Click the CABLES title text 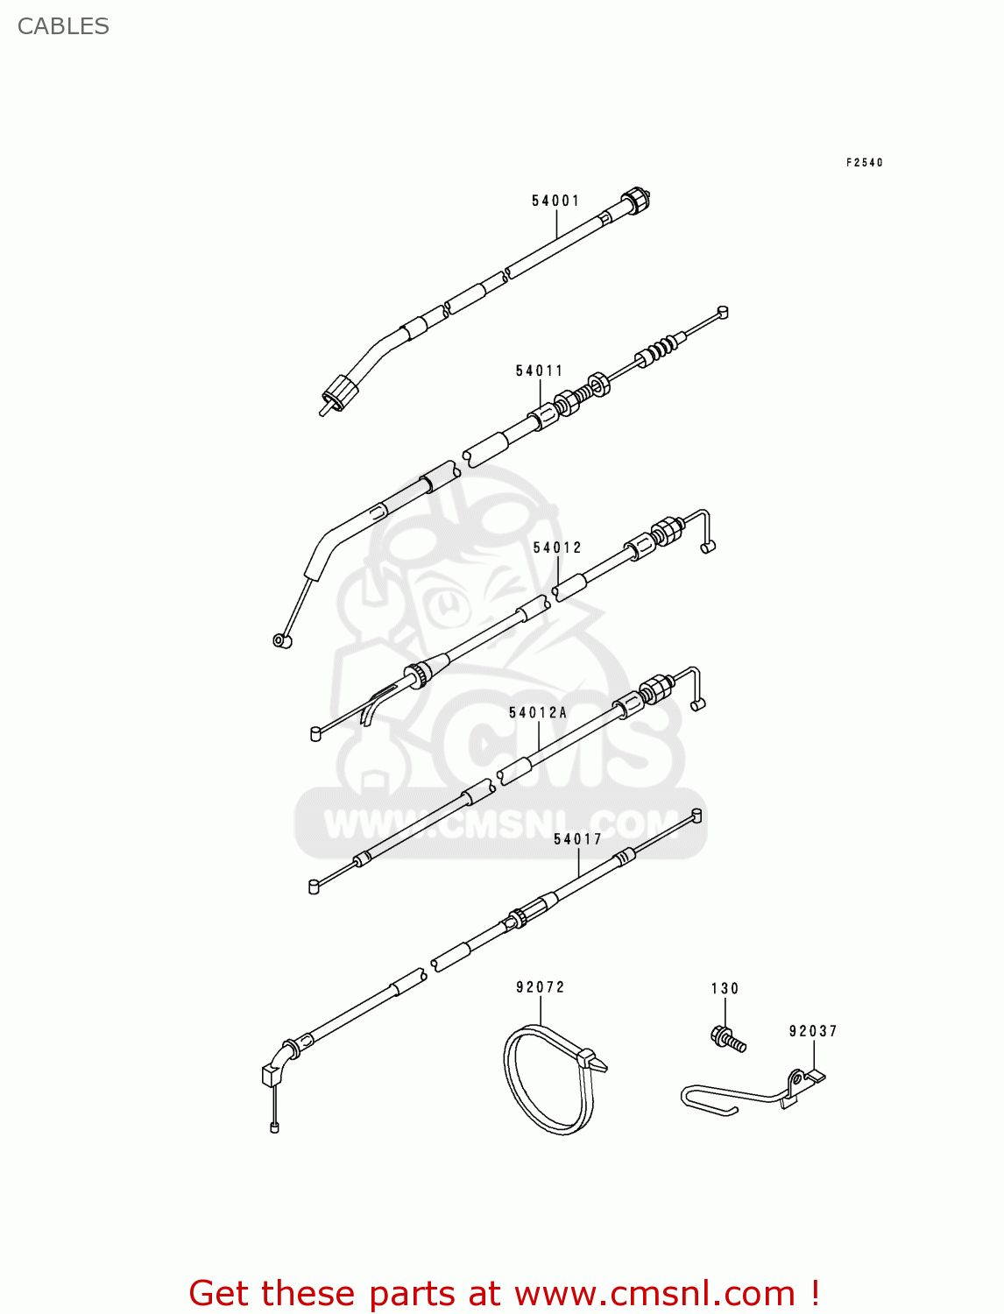pos(63,26)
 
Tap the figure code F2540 pos(864,162)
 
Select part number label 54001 pos(555,201)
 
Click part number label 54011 pos(539,371)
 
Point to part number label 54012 pos(557,547)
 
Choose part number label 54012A pos(538,712)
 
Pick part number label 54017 pos(577,839)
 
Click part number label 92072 pos(540,987)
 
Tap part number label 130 pos(725,988)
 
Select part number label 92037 pos(813,1031)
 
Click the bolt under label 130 pos(728,1039)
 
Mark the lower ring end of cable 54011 pos(282,640)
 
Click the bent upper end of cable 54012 pos(702,526)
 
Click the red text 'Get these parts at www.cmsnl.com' pos(504,1293)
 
